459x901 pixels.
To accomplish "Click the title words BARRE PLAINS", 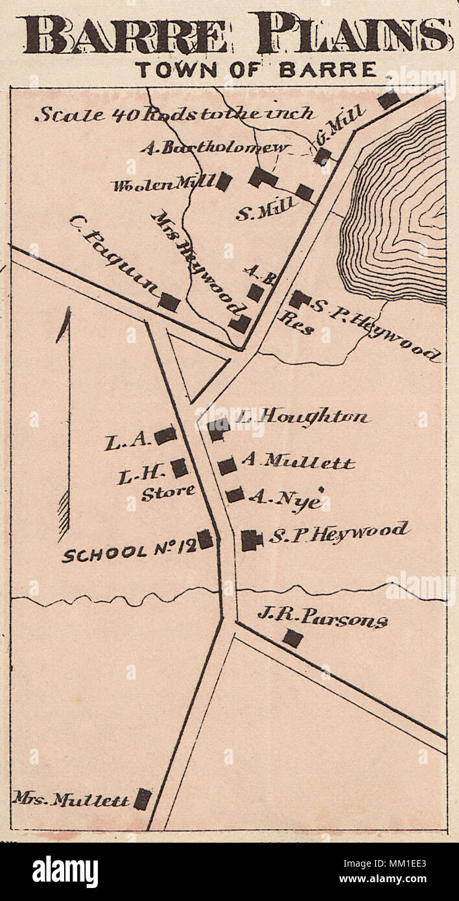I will click(235, 35).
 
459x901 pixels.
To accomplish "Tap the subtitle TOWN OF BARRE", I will click(256, 69).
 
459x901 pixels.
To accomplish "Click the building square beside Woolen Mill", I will click(224, 181).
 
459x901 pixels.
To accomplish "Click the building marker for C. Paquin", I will click(169, 301).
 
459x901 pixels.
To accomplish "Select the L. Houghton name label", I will click(301, 417).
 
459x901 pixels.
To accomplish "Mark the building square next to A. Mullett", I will click(227, 465).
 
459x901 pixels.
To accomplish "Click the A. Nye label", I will click(285, 499).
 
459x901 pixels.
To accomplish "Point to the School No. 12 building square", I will click(206, 539).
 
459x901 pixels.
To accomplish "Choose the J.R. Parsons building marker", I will click(292, 638).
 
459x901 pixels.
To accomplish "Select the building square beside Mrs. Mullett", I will click(143, 799).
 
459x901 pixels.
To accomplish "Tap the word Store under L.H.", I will click(168, 492).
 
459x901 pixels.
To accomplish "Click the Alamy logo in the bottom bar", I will click(65, 872).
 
